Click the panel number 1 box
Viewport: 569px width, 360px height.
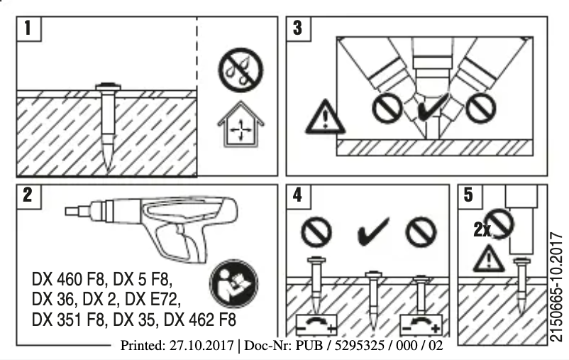tap(28, 29)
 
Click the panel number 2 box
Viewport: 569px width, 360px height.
tap(28, 196)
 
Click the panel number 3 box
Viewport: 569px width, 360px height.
tap(299, 29)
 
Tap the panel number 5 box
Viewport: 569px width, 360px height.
tap(469, 196)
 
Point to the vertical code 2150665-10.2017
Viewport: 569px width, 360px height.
tap(556, 285)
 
